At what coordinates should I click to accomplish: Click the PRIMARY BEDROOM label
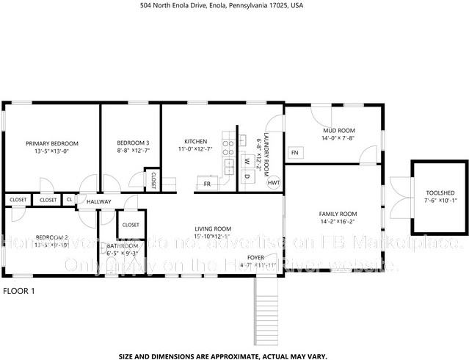[x=51, y=143]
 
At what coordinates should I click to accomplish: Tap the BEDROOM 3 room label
[x=133, y=143]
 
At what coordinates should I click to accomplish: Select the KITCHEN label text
[x=196, y=141]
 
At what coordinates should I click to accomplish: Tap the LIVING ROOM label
[x=213, y=228]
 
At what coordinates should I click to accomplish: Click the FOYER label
[x=255, y=257]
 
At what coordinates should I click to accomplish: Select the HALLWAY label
[x=98, y=201]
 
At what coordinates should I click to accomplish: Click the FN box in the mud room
[x=295, y=152]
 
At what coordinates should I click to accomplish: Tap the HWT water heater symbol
[x=274, y=182]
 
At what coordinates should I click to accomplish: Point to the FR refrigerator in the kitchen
[x=208, y=184]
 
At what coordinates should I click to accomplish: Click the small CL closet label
[x=70, y=199]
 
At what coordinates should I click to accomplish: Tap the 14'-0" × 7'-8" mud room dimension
[x=338, y=138]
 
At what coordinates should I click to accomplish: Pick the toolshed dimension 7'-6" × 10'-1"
[x=440, y=200]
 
